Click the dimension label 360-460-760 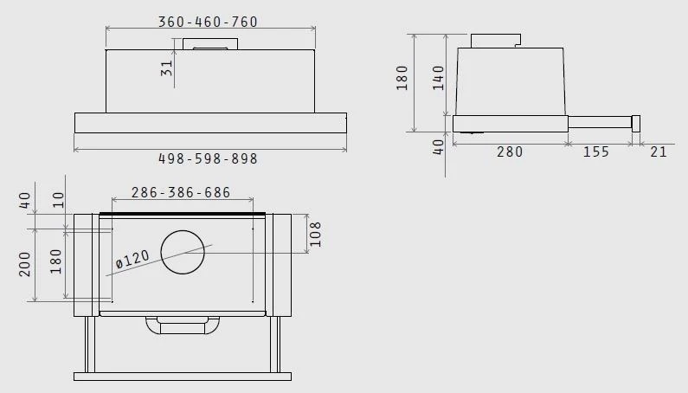point(208,22)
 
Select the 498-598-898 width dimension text point(208,158)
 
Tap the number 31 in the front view point(167,68)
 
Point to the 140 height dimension point(439,78)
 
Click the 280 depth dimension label point(510,152)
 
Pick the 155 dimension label point(596,152)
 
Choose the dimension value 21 point(659,152)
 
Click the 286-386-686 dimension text point(181,192)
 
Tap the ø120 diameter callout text point(132,259)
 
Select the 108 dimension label point(316,234)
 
